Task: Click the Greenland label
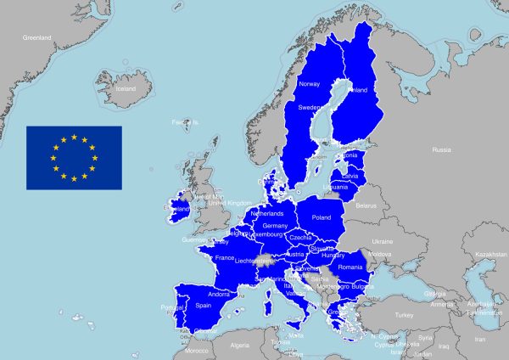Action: coord(37,37)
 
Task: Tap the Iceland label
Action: coord(125,88)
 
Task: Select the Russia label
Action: coord(441,149)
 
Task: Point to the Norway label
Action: coord(310,83)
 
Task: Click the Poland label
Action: coord(322,217)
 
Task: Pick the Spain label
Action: coord(204,305)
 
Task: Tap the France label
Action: coord(225,257)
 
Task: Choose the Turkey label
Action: coord(404,314)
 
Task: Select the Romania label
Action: coord(350,267)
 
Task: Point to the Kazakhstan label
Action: coord(490,254)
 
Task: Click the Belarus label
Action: coord(366,205)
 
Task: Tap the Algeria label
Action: coord(240,345)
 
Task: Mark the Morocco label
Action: coord(197,350)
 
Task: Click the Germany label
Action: coord(275,226)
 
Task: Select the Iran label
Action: coord(480,339)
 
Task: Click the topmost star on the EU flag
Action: coord(74,137)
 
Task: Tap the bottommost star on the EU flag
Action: coord(74,179)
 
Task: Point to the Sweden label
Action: coord(308,108)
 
